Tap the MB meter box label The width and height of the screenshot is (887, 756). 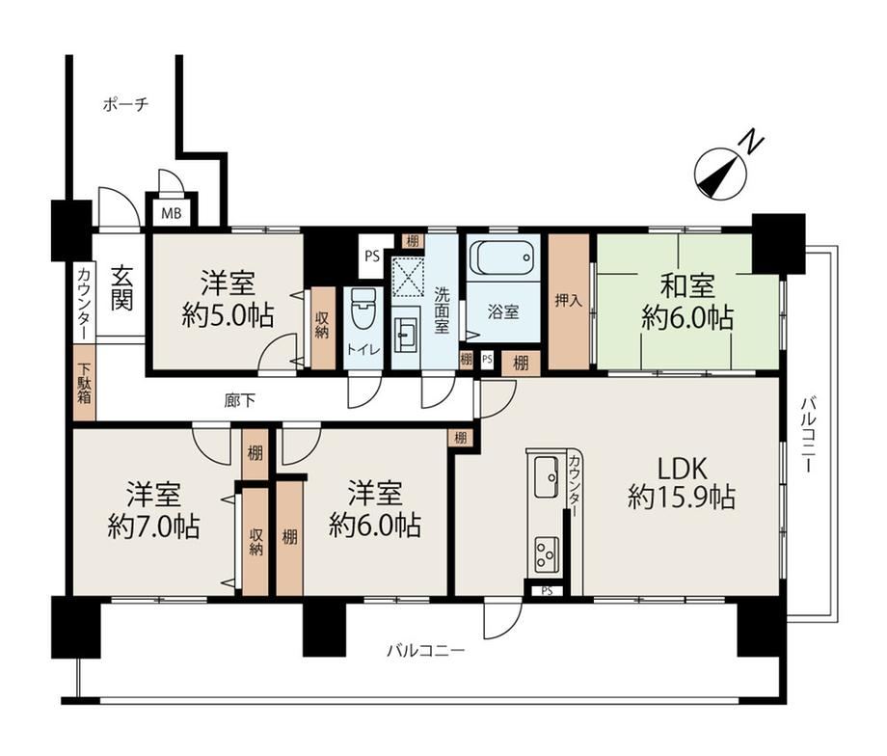[172, 214]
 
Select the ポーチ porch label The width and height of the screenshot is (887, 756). [125, 105]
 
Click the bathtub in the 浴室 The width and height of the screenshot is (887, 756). [503, 258]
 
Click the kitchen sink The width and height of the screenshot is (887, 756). [546, 476]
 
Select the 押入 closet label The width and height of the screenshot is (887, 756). [569, 301]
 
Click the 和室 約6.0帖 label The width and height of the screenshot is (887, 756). [687, 302]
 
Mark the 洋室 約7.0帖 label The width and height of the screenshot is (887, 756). [153, 510]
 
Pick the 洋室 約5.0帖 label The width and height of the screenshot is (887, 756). [228, 299]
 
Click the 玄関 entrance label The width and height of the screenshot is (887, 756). [121, 288]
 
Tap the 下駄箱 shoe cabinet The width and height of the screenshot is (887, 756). [84, 383]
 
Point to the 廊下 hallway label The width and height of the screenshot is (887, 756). [239, 401]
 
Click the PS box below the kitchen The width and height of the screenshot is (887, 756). [547, 591]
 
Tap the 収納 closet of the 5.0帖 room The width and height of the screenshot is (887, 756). [323, 329]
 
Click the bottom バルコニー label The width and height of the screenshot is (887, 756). [425, 651]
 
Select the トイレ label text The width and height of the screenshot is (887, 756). [363, 350]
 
